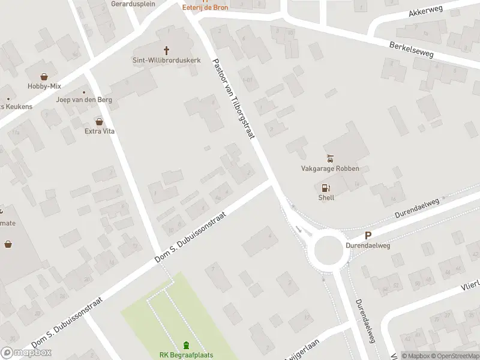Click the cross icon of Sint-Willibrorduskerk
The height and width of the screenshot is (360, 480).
click(166, 51)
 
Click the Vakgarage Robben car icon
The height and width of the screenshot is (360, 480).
click(330, 159)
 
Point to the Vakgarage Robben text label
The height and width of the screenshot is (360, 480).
click(330, 169)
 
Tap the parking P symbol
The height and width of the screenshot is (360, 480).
click(368, 236)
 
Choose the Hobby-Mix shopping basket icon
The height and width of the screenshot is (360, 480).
click(44, 77)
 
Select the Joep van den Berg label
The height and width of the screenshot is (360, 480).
click(76, 100)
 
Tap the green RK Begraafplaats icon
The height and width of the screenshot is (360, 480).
click(186, 345)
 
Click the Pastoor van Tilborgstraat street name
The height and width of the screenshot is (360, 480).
click(234, 99)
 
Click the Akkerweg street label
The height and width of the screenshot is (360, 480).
click(424, 13)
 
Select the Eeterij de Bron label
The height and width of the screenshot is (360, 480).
click(205, 7)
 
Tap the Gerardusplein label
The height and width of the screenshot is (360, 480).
click(133, 4)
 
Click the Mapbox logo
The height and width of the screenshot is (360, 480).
click(26, 353)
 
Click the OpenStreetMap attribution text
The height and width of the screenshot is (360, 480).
click(454, 356)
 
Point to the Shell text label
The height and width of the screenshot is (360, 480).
click(326, 197)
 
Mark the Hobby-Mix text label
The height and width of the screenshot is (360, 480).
click(44, 86)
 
